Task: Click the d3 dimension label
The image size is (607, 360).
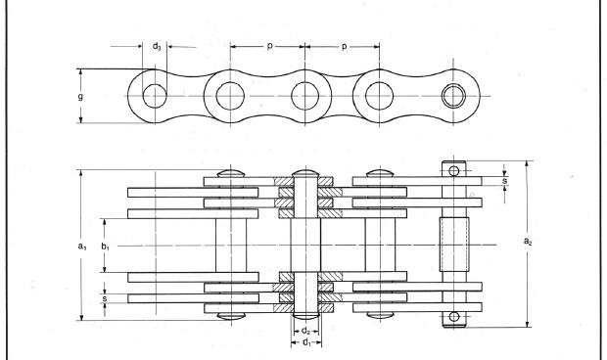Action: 156,46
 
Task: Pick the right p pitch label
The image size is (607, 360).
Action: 343,46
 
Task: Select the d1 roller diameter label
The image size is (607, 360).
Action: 305,343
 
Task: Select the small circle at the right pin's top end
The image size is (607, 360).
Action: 453,171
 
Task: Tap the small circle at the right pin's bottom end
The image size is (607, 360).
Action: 453,316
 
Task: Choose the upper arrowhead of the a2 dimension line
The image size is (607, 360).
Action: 529,163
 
